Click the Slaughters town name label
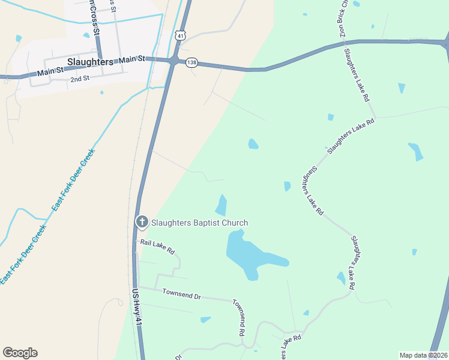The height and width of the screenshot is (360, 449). pyautogui.click(x=90, y=62)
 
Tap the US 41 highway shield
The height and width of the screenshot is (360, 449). pyautogui.click(x=180, y=35)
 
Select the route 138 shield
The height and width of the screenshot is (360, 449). pyautogui.click(x=191, y=62)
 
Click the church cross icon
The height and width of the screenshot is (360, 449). pyautogui.click(x=142, y=223)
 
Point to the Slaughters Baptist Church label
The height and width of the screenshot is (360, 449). pyautogui.click(x=199, y=223)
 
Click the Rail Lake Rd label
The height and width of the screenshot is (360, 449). pyautogui.click(x=157, y=246)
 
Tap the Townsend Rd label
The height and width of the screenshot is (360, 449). pyautogui.click(x=238, y=320)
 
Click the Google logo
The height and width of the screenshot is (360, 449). pyautogui.click(x=20, y=352)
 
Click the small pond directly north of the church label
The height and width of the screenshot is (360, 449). pyautogui.click(x=222, y=205)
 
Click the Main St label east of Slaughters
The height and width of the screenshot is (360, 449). pyautogui.click(x=132, y=59)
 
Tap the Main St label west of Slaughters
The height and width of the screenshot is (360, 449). pyautogui.click(x=50, y=72)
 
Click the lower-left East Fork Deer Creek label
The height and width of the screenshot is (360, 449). pyautogui.click(x=22, y=255)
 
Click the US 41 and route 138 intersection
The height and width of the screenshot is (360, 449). pyautogui.click(x=173, y=61)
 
